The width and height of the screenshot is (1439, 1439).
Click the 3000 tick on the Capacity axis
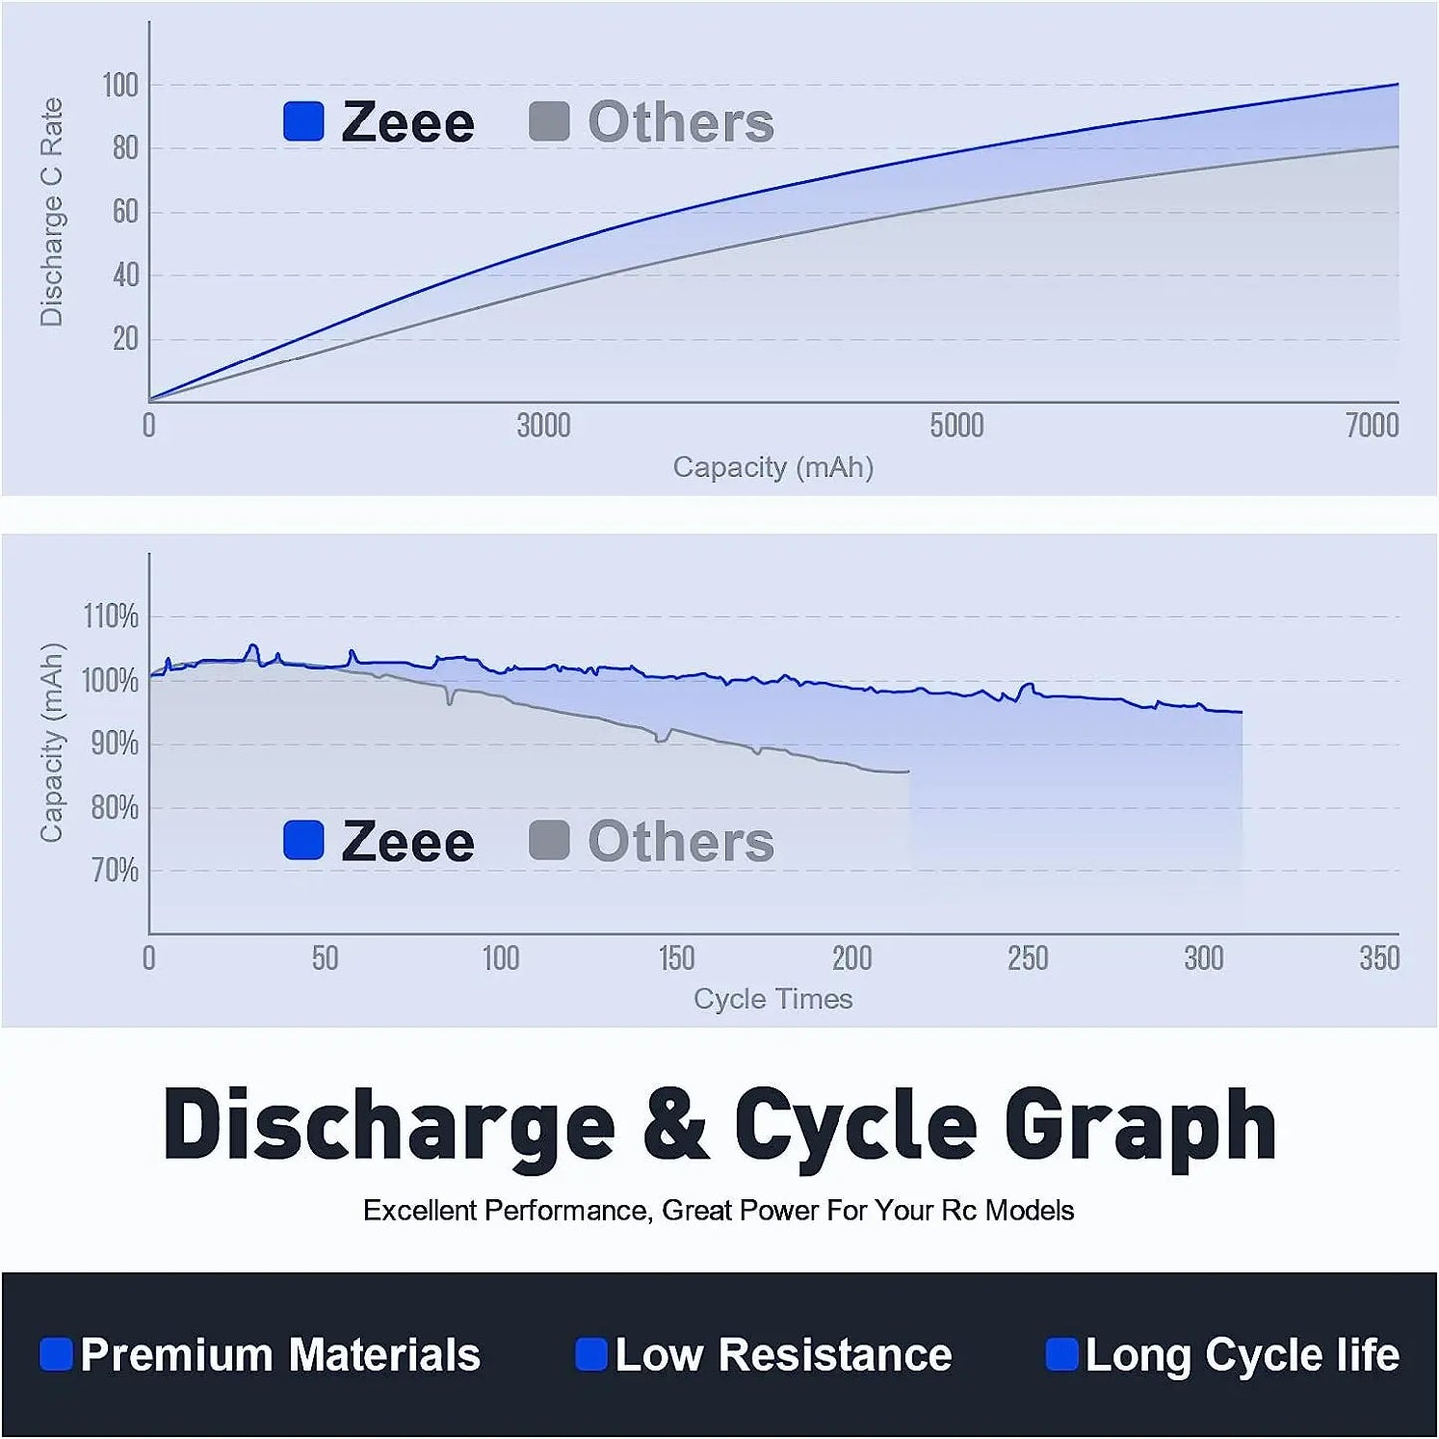[x=543, y=426]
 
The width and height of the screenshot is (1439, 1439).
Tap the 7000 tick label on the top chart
[x=1371, y=426]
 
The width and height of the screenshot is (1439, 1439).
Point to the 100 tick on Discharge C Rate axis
[x=120, y=86]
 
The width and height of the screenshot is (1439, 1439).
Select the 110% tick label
[x=111, y=617]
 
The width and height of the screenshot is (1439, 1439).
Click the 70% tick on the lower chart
[x=115, y=871]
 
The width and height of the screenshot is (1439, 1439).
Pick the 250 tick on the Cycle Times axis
[x=1027, y=959]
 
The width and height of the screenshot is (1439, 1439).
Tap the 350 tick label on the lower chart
[x=1379, y=959]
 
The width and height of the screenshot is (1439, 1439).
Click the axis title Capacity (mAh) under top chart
[x=773, y=467]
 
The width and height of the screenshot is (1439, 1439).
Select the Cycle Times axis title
[x=773, y=999]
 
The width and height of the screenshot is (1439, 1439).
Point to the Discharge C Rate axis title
[x=51, y=211]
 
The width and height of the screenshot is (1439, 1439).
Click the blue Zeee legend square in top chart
[x=304, y=121]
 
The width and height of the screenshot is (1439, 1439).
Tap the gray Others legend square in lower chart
[x=549, y=840]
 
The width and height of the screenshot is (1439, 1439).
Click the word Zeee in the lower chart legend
[x=407, y=842]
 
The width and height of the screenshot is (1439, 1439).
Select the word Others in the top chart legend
[x=680, y=123]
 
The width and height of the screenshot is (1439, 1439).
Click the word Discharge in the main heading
[x=389, y=1126]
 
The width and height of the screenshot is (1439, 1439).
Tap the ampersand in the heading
[x=675, y=1126]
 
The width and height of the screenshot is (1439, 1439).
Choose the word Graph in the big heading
[x=1139, y=1126]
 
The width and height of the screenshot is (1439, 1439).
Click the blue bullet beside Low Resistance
[x=592, y=1355]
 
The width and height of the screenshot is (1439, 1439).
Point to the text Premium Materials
[x=280, y=1355]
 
